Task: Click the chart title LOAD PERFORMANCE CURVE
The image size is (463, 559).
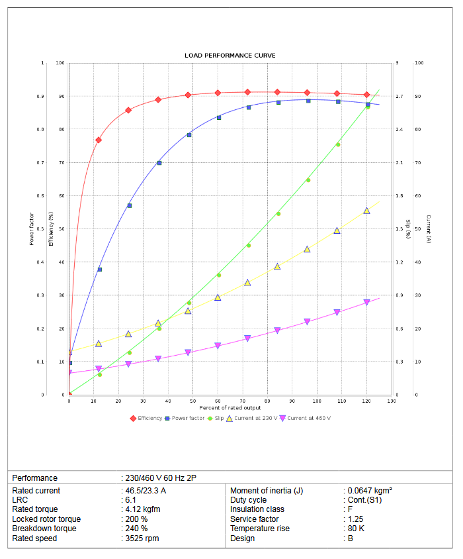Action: point(230,56)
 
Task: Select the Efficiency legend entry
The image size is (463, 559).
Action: point(146,418)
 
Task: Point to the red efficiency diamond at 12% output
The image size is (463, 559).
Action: point(99,140)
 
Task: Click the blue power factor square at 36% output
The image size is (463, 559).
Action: point(159,162)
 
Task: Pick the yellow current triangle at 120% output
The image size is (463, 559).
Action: point(366,211)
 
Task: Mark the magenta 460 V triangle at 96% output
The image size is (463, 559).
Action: point(307,321)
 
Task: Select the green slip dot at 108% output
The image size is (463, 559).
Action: point(338,144)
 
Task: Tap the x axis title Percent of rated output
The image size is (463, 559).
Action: point(230,407)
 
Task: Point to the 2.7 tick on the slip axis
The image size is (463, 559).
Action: point(399,97)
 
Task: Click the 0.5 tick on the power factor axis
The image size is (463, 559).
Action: point(42,229)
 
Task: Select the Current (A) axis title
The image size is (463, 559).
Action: point(429,229)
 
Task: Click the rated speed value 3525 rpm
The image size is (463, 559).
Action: point(142,538)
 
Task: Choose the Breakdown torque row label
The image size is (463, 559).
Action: point(44,529)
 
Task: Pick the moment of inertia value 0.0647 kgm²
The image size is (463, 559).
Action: point(370,491)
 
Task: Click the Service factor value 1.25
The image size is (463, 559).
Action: point(356,519)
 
